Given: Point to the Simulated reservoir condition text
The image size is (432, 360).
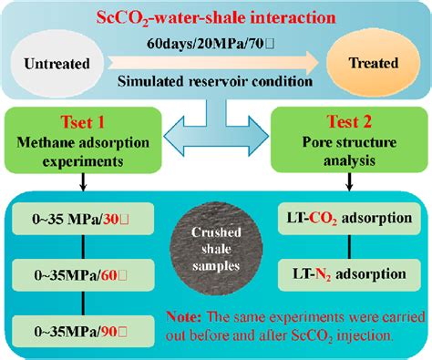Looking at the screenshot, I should pyautogui.click(x=214, y=81).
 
